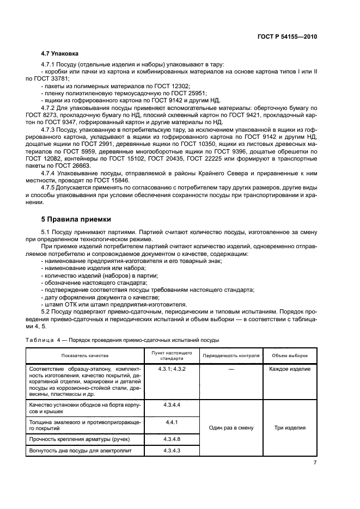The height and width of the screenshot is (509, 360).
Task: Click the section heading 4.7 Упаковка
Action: point(60,54)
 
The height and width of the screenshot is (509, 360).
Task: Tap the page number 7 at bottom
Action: point(315,462)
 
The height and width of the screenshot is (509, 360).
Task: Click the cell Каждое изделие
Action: point(290,369)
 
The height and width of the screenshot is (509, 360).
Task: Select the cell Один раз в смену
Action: point(231,427)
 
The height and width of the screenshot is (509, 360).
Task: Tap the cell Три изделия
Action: point(290,427)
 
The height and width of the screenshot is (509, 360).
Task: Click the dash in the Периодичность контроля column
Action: point(231,369)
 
